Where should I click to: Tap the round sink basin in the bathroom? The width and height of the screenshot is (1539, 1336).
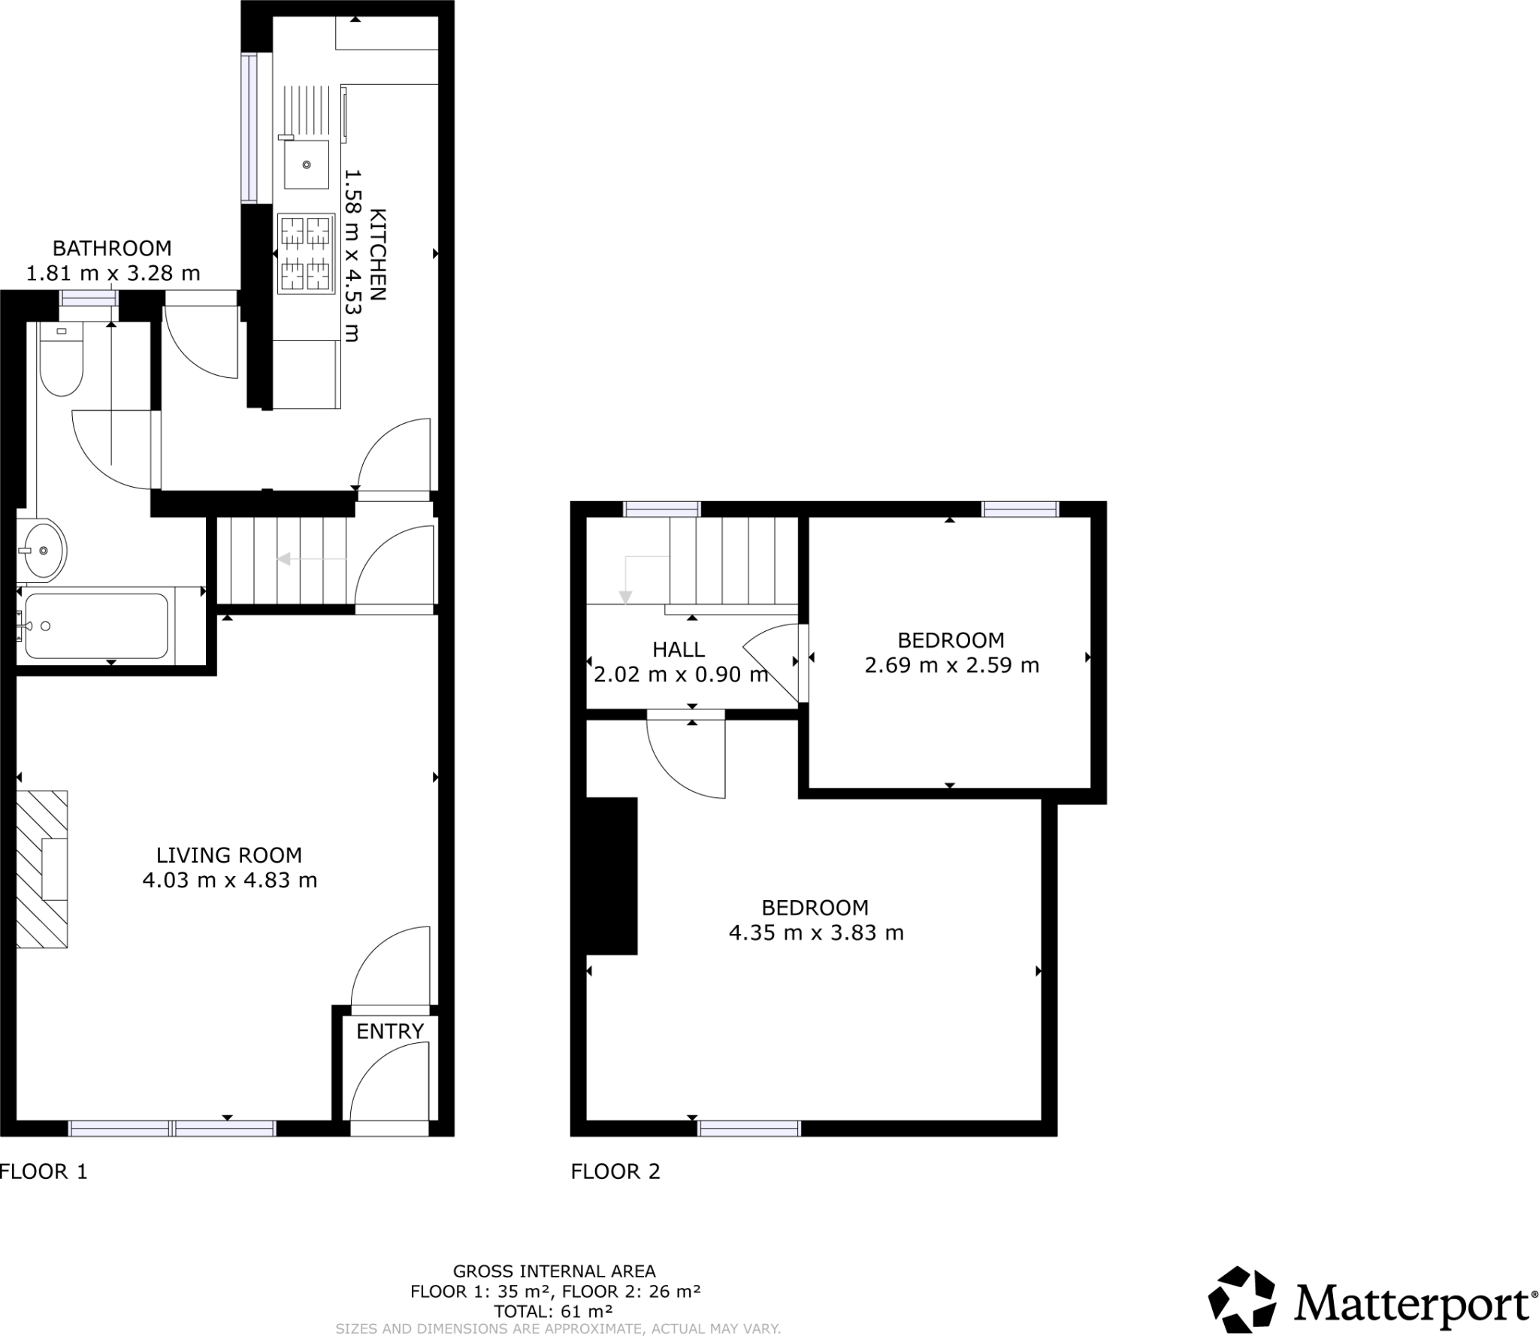pyautogui.click(x=43, y=551)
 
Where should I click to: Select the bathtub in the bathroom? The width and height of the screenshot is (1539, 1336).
pyautogui.click(x=96, y=626)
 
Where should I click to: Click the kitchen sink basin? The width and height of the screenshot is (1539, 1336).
pyautogui.click(x=306, y=164)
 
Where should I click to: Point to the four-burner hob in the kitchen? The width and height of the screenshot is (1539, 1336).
pyautogui.click(x=306, y=253)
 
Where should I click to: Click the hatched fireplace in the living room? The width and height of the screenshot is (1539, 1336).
pyautogui.click(x=42, y=869)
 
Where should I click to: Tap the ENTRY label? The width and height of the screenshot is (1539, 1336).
pyautogui.click(x=390, y=1032)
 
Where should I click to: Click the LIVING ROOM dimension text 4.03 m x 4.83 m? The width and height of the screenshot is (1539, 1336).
pyautogui.click(x=230, y=880)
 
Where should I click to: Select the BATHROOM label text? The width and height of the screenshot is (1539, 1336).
pyautogui.click(x=112, y=248)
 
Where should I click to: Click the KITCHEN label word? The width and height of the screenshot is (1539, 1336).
pyautogui.click(x=377, y=254)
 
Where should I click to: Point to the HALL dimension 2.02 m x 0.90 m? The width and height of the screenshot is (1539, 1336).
pyautogui.click(x=681, y=675)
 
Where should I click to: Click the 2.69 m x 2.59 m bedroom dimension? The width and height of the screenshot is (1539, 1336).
pyautogui.click(x=951, y=666)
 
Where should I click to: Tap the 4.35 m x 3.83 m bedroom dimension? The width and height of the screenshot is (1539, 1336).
pyautogui.click(x=816, y=933)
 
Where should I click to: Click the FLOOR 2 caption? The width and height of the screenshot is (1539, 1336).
pyautogui.click(x=615, y=1171)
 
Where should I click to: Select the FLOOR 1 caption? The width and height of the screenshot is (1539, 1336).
pyautogui.click(x=44, y=1171)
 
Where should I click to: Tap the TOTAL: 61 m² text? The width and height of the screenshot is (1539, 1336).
pyautogui.click(x=553, y=1312)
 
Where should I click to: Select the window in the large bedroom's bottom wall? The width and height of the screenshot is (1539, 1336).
pyautogui.click(x=748, y=1129)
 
